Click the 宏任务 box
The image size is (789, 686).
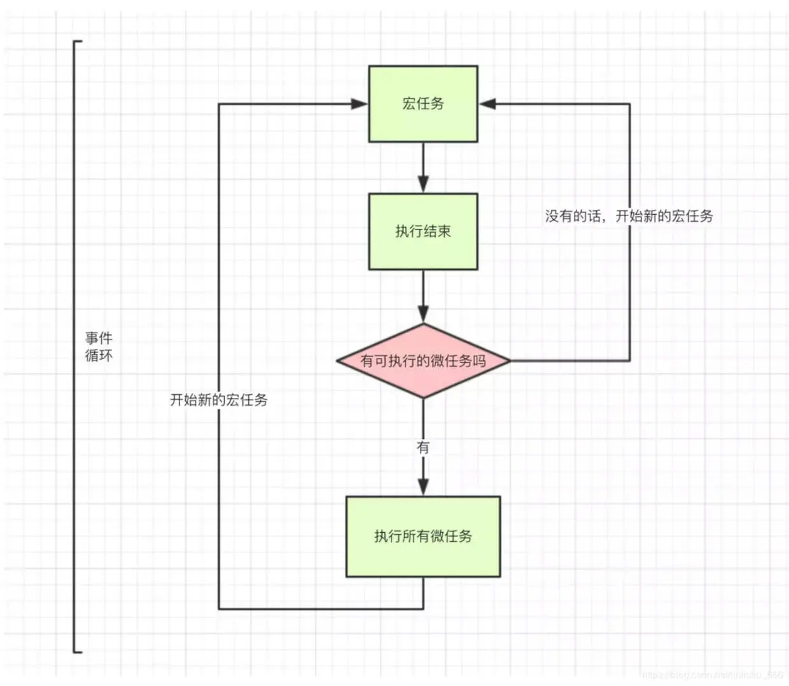(422, 104)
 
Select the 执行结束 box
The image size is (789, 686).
(422, 231)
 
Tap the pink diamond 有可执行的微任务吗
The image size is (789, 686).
(423, 361)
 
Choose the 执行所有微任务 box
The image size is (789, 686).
(423, 537)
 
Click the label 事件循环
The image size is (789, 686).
(99, 346)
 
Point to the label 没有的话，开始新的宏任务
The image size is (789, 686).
(629, 216)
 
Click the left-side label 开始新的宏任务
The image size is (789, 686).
(219, 400)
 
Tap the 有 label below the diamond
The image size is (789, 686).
(423, 448)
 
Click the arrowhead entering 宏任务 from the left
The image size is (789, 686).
(360, 104)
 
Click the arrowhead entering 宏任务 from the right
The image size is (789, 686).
(487, 104)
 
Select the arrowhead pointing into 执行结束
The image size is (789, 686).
(423, 184)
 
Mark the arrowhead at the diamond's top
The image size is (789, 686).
(423, 314)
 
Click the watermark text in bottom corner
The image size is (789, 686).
(713, 675)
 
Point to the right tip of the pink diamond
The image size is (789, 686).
(509, 361)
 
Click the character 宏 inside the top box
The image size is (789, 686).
(408, 104)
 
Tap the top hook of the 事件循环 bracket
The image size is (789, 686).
(78, 41)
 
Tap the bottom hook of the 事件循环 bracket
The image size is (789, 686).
(78, 652)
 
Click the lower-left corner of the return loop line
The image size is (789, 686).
(219, 608)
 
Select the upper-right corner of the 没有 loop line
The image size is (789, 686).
(629, 104)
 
